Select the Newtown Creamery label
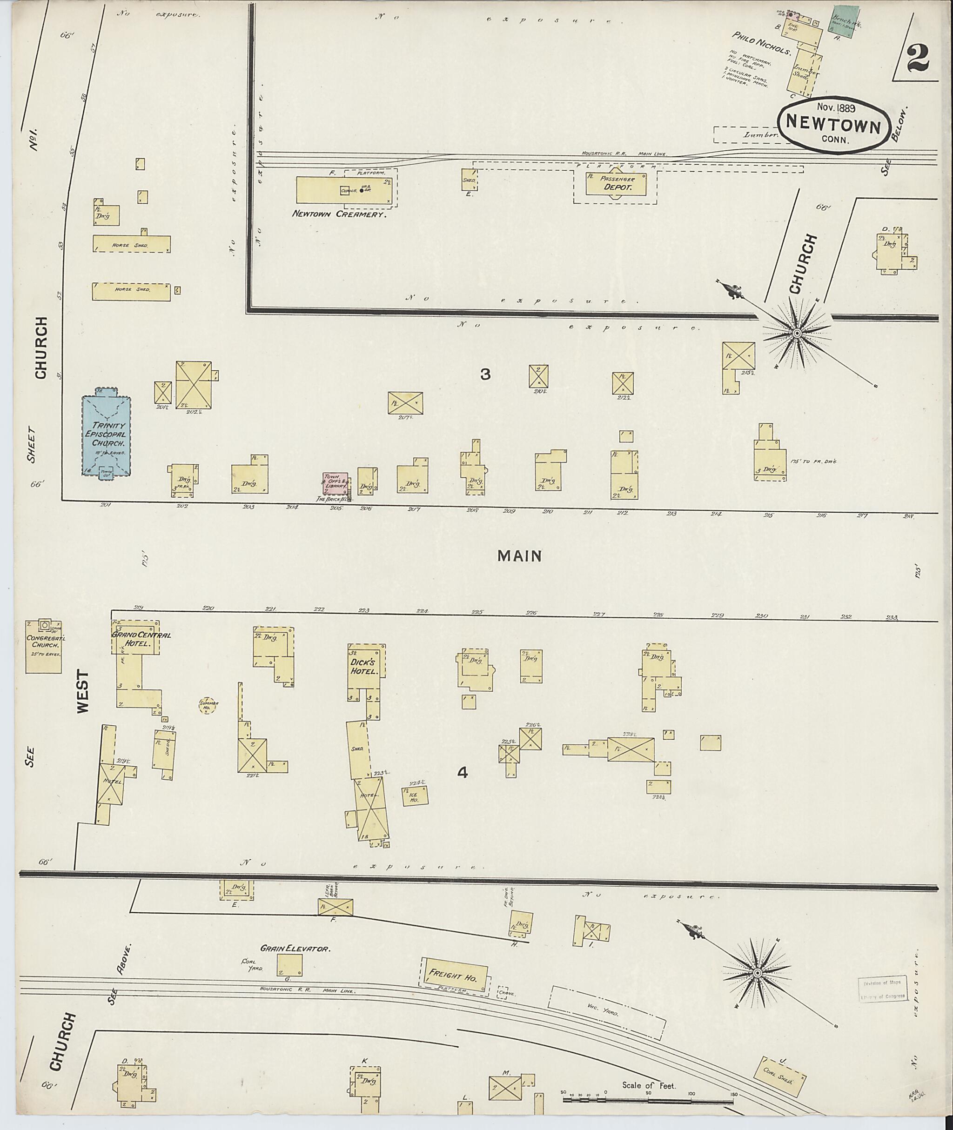click(339, 214)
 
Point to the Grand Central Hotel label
click(140, 639)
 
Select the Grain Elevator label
click(295, 948)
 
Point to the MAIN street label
click(519, 556)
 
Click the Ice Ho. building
click(415, 796)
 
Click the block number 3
click(485, 374)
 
